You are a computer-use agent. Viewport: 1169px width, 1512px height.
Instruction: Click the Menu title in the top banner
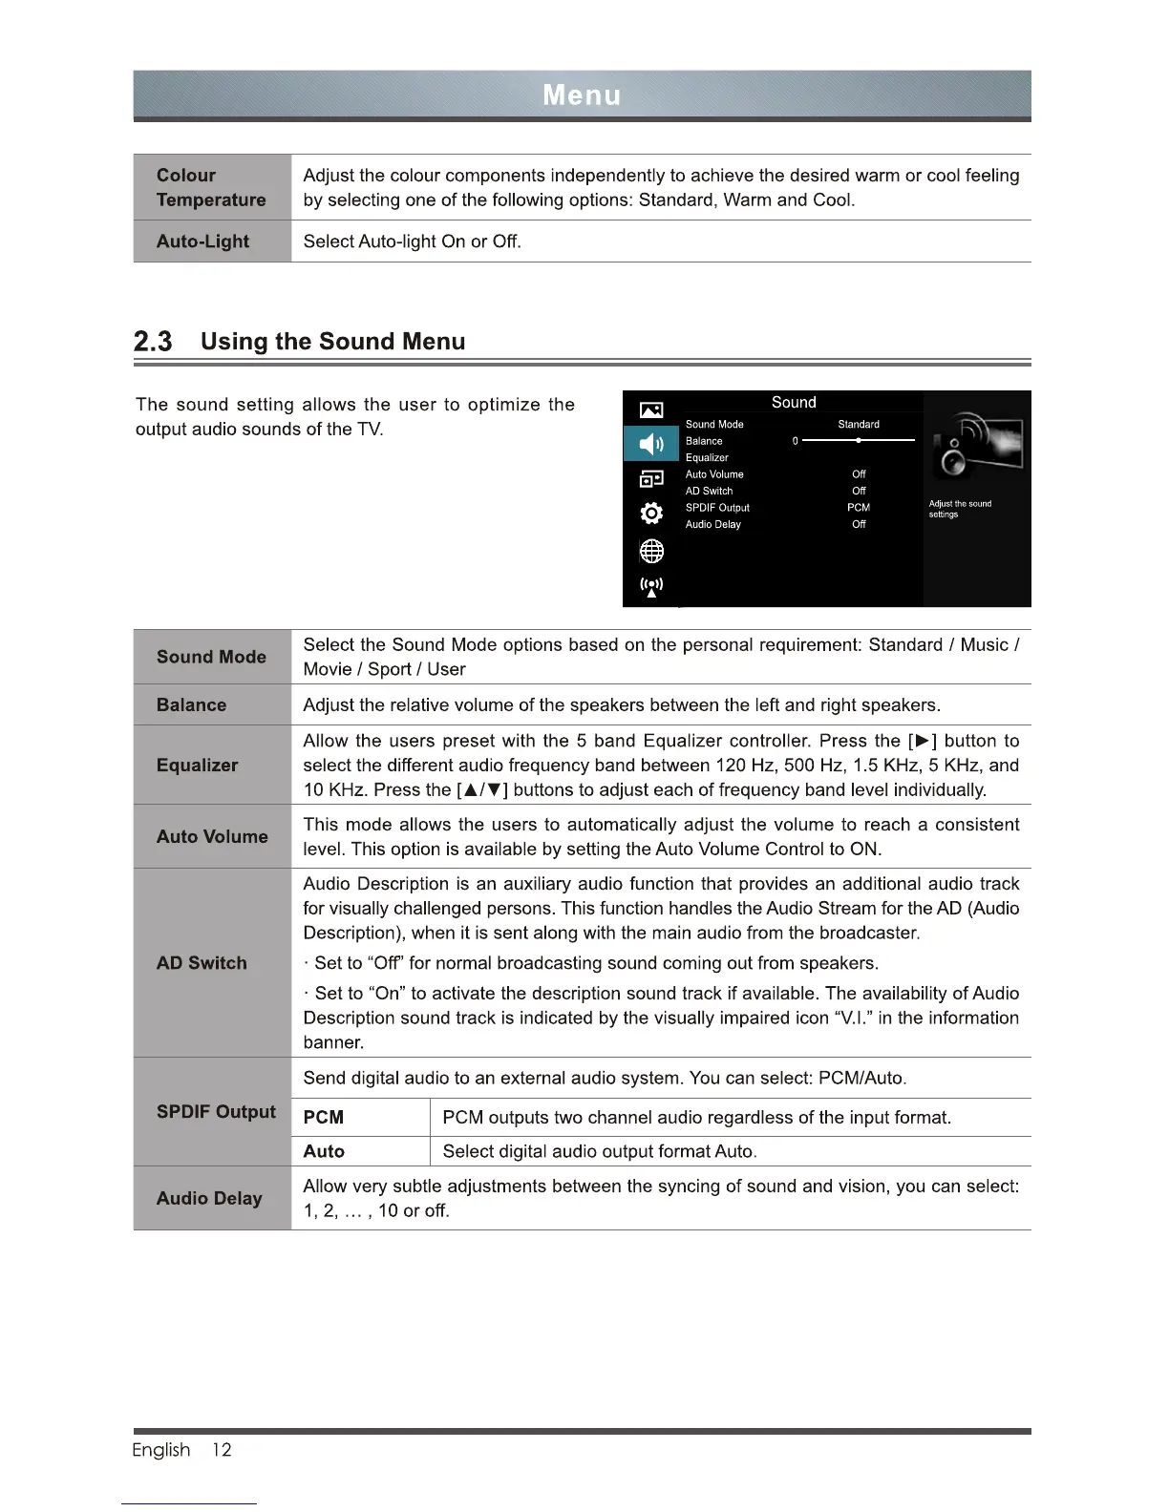582,95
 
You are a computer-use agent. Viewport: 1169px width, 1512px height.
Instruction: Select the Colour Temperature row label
211,187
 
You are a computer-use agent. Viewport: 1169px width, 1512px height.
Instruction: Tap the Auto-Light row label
202,241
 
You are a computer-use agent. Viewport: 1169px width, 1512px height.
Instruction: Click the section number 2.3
153,342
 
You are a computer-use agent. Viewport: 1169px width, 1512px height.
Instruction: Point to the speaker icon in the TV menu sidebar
650,444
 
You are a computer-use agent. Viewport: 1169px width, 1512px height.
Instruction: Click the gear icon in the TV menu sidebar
650,514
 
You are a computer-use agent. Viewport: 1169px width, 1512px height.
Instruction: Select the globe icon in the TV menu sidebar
650,551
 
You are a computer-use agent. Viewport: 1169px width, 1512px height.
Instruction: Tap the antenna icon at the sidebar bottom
650,586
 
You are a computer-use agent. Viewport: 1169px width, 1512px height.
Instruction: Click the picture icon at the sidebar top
650,410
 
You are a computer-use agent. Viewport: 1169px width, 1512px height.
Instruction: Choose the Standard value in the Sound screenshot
859,424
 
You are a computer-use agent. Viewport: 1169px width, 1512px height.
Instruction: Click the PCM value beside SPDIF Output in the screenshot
859,508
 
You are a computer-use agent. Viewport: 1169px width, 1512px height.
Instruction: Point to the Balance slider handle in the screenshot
859,441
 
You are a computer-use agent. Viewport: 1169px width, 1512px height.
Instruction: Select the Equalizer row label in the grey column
198,765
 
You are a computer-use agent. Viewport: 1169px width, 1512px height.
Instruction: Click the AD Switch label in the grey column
202,963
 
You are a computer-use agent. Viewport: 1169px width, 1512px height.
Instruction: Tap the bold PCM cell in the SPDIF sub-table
324,1118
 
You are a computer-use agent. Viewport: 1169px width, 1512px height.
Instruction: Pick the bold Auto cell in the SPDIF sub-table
324,1151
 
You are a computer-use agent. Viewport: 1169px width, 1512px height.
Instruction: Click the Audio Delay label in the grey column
209,1198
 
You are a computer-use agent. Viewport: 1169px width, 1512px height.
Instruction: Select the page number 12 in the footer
222,1450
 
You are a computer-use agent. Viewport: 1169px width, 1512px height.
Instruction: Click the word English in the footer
161,1450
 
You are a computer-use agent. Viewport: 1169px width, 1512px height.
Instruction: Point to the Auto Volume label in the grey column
212,836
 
